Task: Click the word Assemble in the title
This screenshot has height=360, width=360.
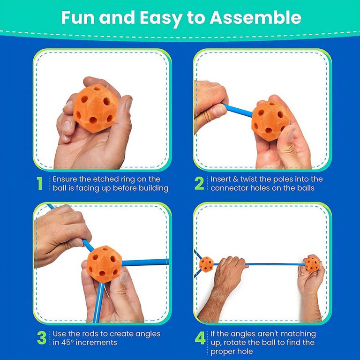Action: point(255,18)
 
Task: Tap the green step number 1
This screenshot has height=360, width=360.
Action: point(40,184)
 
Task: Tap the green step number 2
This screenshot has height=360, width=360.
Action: point(199,184)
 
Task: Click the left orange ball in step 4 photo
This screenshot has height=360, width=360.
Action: point(206,264)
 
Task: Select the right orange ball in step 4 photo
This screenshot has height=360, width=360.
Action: point(313,263)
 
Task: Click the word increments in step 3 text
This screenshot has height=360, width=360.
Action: point(99,343)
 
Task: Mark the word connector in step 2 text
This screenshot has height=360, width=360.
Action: point(230,188)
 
